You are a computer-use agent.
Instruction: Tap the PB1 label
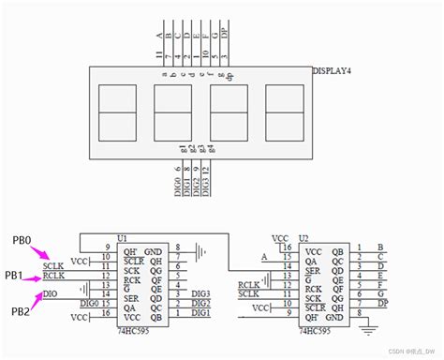point(13,276)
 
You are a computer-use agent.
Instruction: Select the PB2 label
point(22,311)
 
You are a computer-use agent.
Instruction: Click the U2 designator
point(303,239)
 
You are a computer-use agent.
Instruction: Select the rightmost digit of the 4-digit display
point(285,112)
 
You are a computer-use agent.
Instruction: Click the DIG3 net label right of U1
point(201,293)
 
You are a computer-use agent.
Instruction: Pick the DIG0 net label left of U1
point(89,303)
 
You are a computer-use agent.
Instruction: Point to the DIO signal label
point(52,293)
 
